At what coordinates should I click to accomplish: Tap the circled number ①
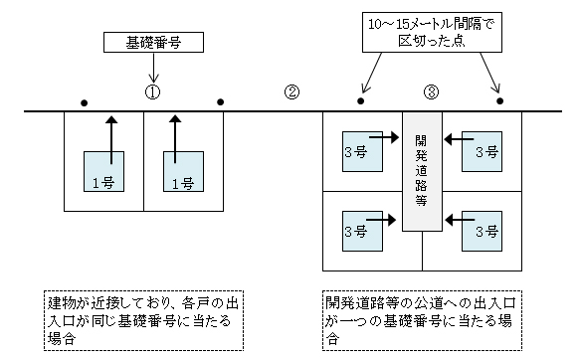[x=152, y=91]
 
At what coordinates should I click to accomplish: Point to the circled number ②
[x=291, y=91]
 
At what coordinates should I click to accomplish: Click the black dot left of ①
[x=85, y=101]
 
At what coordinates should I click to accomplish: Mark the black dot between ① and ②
[x=220, y=101]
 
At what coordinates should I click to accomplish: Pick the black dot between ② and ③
[x=361, y=101]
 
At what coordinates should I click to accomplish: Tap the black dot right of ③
[x=499, y=101]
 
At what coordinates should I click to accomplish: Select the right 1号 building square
[x=180, y=174]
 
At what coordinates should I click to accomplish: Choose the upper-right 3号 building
[x=486, y=150]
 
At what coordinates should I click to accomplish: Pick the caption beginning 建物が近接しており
[x=143, y=317]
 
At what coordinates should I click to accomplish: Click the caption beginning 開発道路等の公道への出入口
[x=422, y=317]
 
